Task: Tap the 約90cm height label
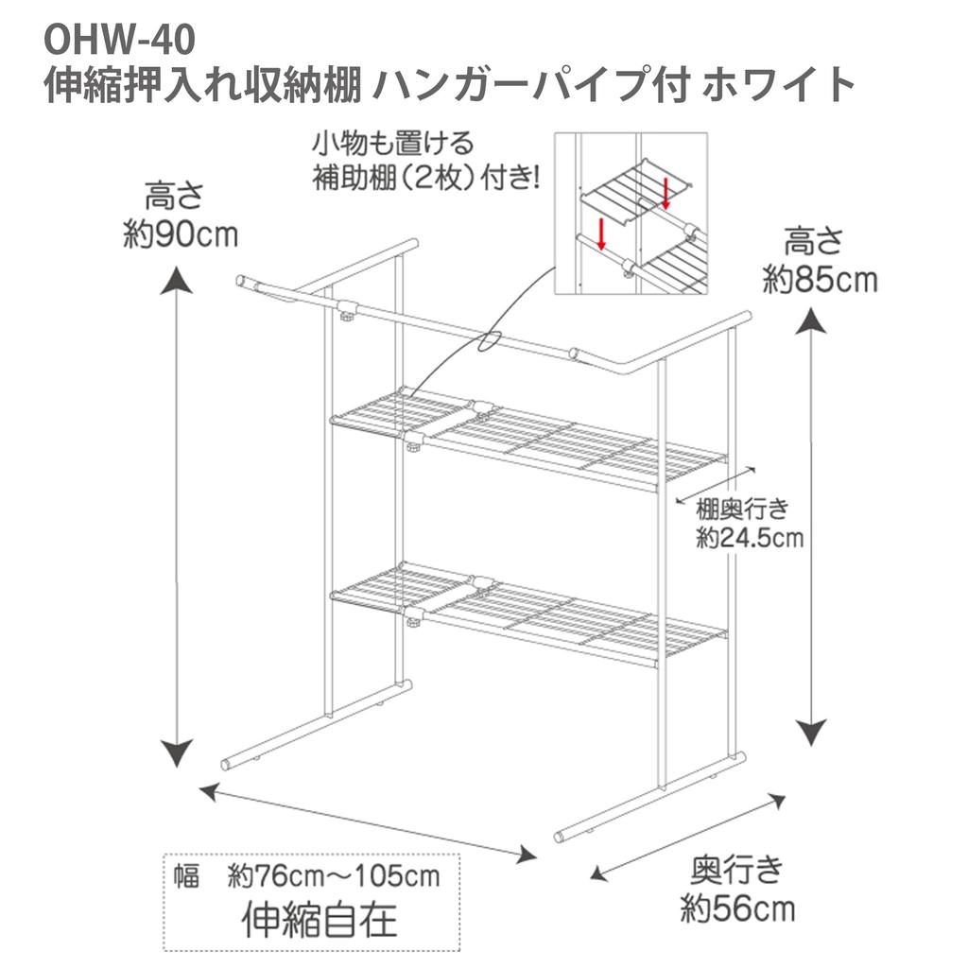(x=181, y=233)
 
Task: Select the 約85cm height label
(x=820, y=279)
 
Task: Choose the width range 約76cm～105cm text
(x=334, y=876)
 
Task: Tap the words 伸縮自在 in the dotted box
(x=320, y=919)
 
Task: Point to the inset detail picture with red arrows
(x=631, y=215)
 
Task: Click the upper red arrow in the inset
(x=665, y=194)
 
